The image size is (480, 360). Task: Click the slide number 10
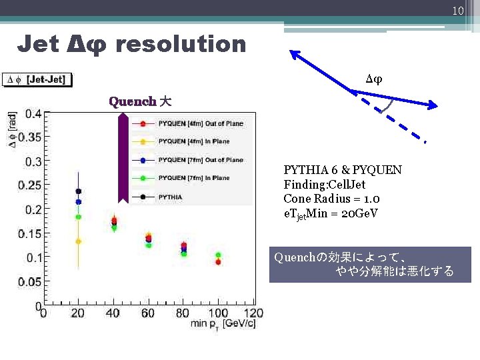coord(457,11)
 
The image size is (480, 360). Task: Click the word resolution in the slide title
coord(181,45)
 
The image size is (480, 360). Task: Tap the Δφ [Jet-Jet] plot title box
coord(37,79)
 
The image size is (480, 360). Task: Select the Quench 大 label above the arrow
coord(139,101)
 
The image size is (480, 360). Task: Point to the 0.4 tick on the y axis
coord(33,113)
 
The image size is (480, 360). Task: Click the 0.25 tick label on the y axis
coord(30,185)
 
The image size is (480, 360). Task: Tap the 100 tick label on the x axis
coord(219,313)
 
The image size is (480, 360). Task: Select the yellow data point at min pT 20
coord(78,241)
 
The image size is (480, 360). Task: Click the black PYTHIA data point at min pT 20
coord(78,191)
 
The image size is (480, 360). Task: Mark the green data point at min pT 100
coord(219,255)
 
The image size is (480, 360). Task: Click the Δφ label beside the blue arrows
coord(374,79)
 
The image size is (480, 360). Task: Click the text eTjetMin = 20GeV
coord(331,213)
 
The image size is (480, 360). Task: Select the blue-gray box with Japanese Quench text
coord(370,265)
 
